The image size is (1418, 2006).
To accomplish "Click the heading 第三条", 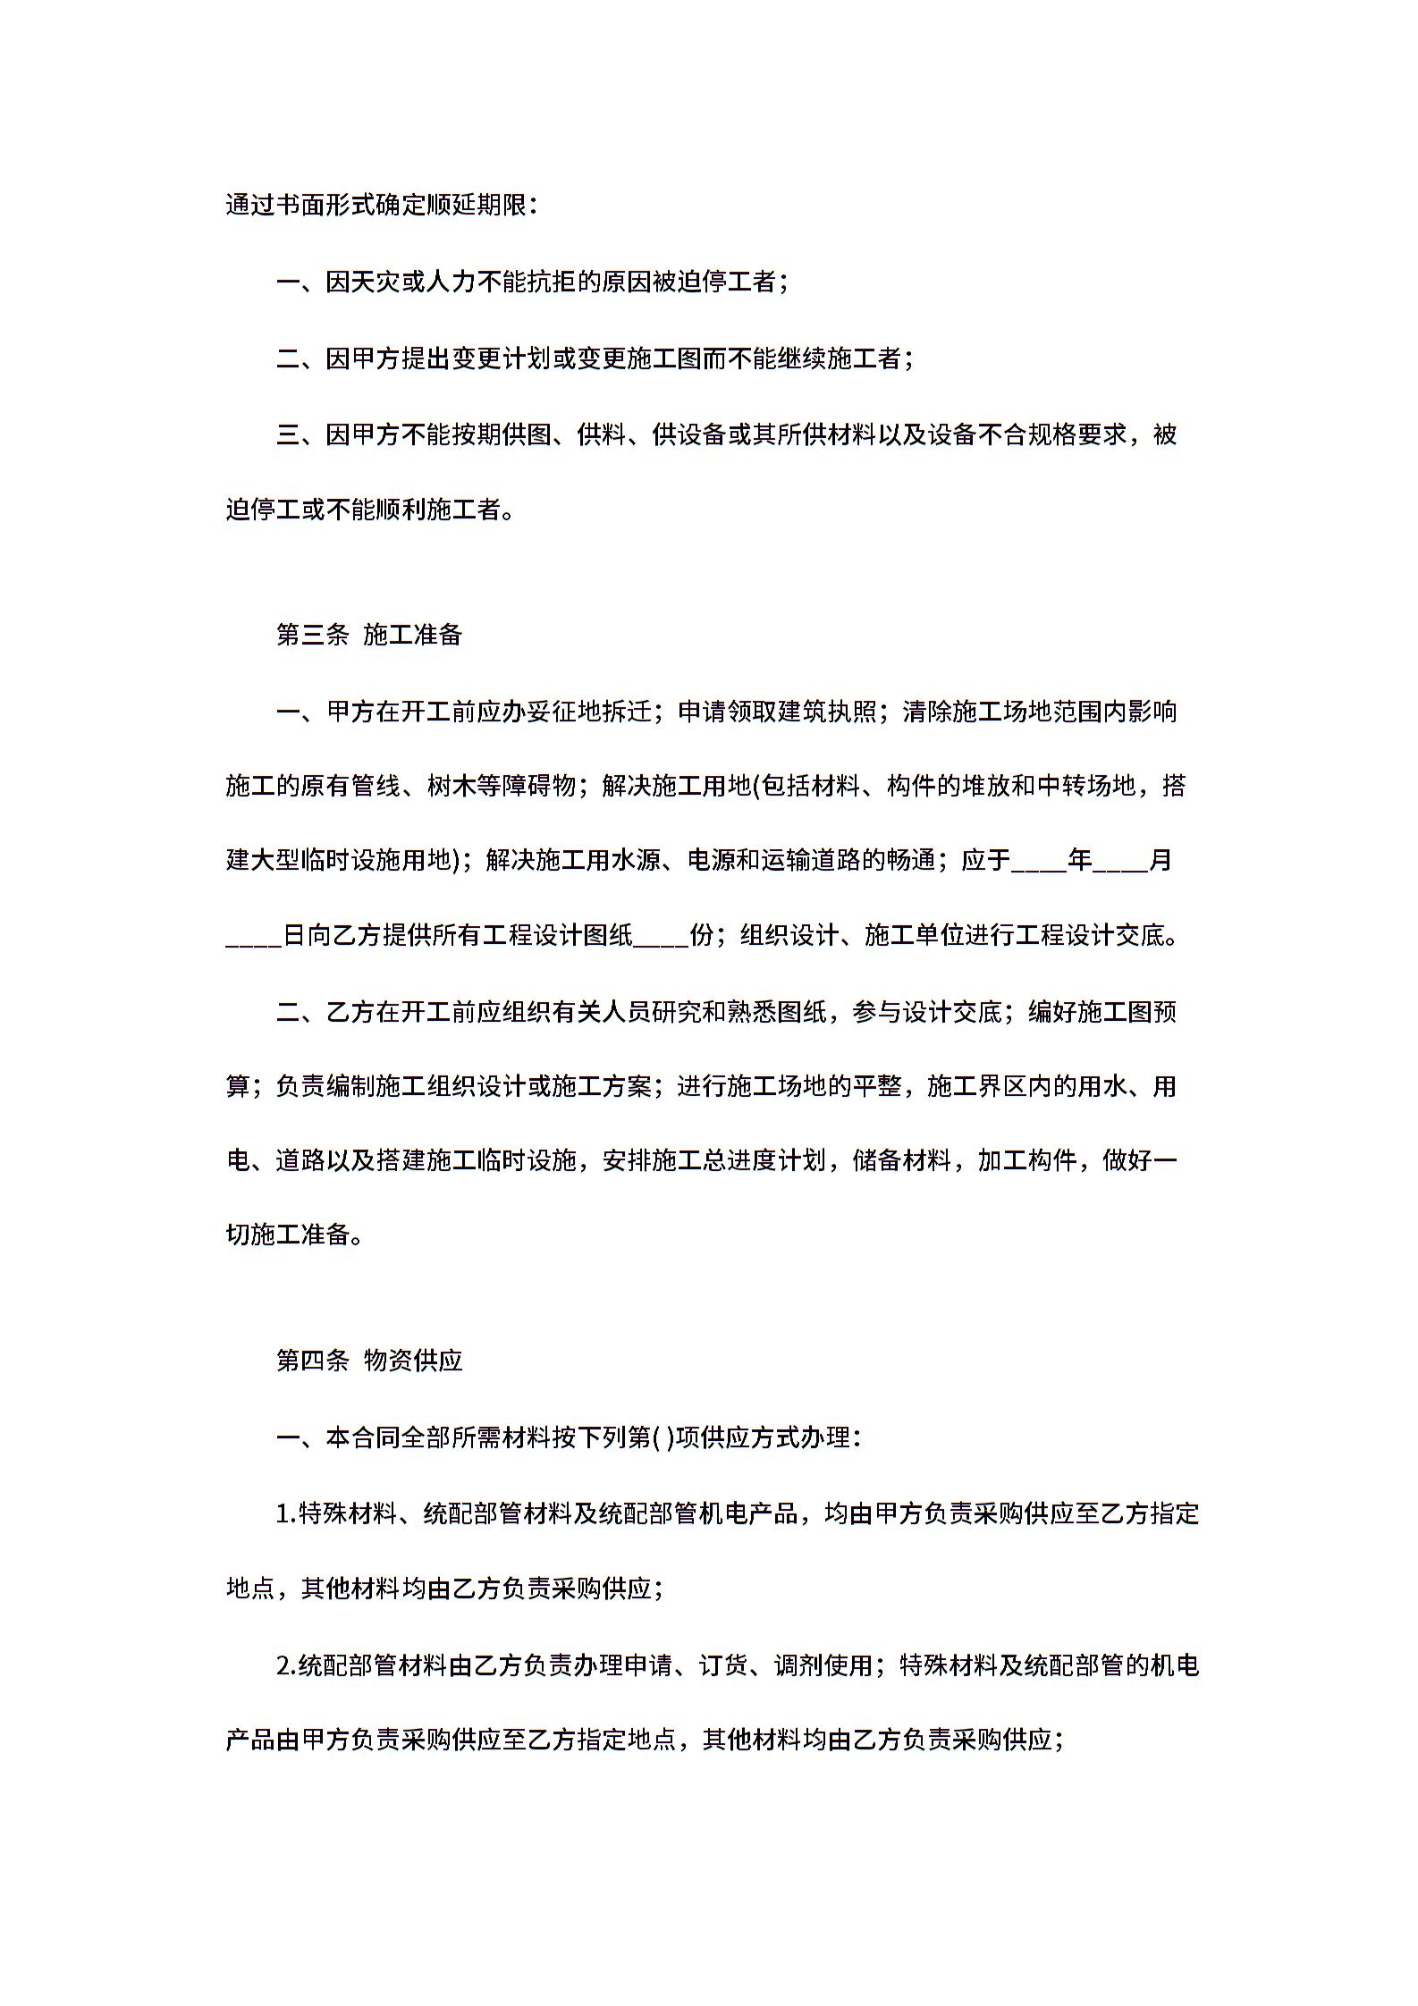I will pyautogui.click(x=312, y=635).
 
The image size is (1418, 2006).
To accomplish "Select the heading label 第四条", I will pyautogui.click(x=312, y=1361).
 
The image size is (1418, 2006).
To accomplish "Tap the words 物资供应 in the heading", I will pyautogui.click(x=413, y=1361).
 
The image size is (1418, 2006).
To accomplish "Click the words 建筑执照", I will pyautogui.click(x=826, y=712).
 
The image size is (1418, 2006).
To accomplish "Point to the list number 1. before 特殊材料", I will pyautogui.click(x=286, y=1513).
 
